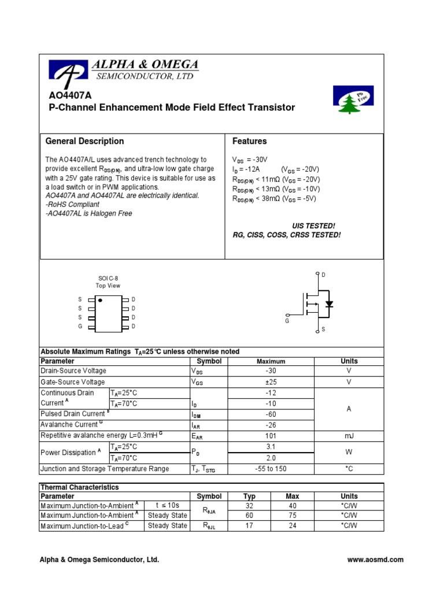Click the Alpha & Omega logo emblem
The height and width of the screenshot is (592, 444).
(x=69, y=71)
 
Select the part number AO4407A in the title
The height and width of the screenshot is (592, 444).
(x=66, y=95)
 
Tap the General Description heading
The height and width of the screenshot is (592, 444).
(x=84, y=141)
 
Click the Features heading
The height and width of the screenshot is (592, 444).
(x=250, y=141)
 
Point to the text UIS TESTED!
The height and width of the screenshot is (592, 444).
(x=313, y=225)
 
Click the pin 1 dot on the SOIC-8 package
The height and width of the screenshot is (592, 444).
(x=101, y=301)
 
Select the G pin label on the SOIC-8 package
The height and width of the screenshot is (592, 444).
(x=80, y=327)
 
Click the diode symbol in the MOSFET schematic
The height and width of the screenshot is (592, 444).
(x=329, y=304)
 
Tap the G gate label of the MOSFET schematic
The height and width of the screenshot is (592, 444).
(x=286, y=321)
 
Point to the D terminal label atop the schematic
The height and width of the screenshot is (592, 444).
(x=323, y=275)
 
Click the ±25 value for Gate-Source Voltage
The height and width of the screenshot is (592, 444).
(x=271, y=382)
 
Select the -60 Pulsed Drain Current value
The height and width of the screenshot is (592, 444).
(x=271, y=415)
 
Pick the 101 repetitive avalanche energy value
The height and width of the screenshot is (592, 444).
(x=271, y=436)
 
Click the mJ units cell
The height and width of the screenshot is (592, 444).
(x=349, y=436)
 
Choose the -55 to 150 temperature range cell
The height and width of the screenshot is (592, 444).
(x=271, y=469)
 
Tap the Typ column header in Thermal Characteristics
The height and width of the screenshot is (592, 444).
(x=249, y=496)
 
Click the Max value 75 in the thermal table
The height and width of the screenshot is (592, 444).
(x=293, y=515)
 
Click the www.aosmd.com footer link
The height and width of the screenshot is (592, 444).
(x=375, y=560)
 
